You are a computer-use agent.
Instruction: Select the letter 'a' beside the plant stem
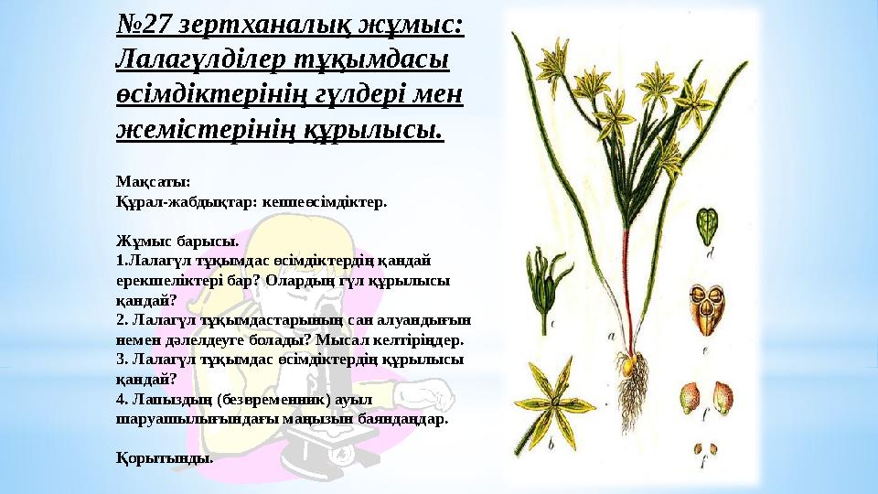[x=611, y=335]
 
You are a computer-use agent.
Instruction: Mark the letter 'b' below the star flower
[x=551, y=446]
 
